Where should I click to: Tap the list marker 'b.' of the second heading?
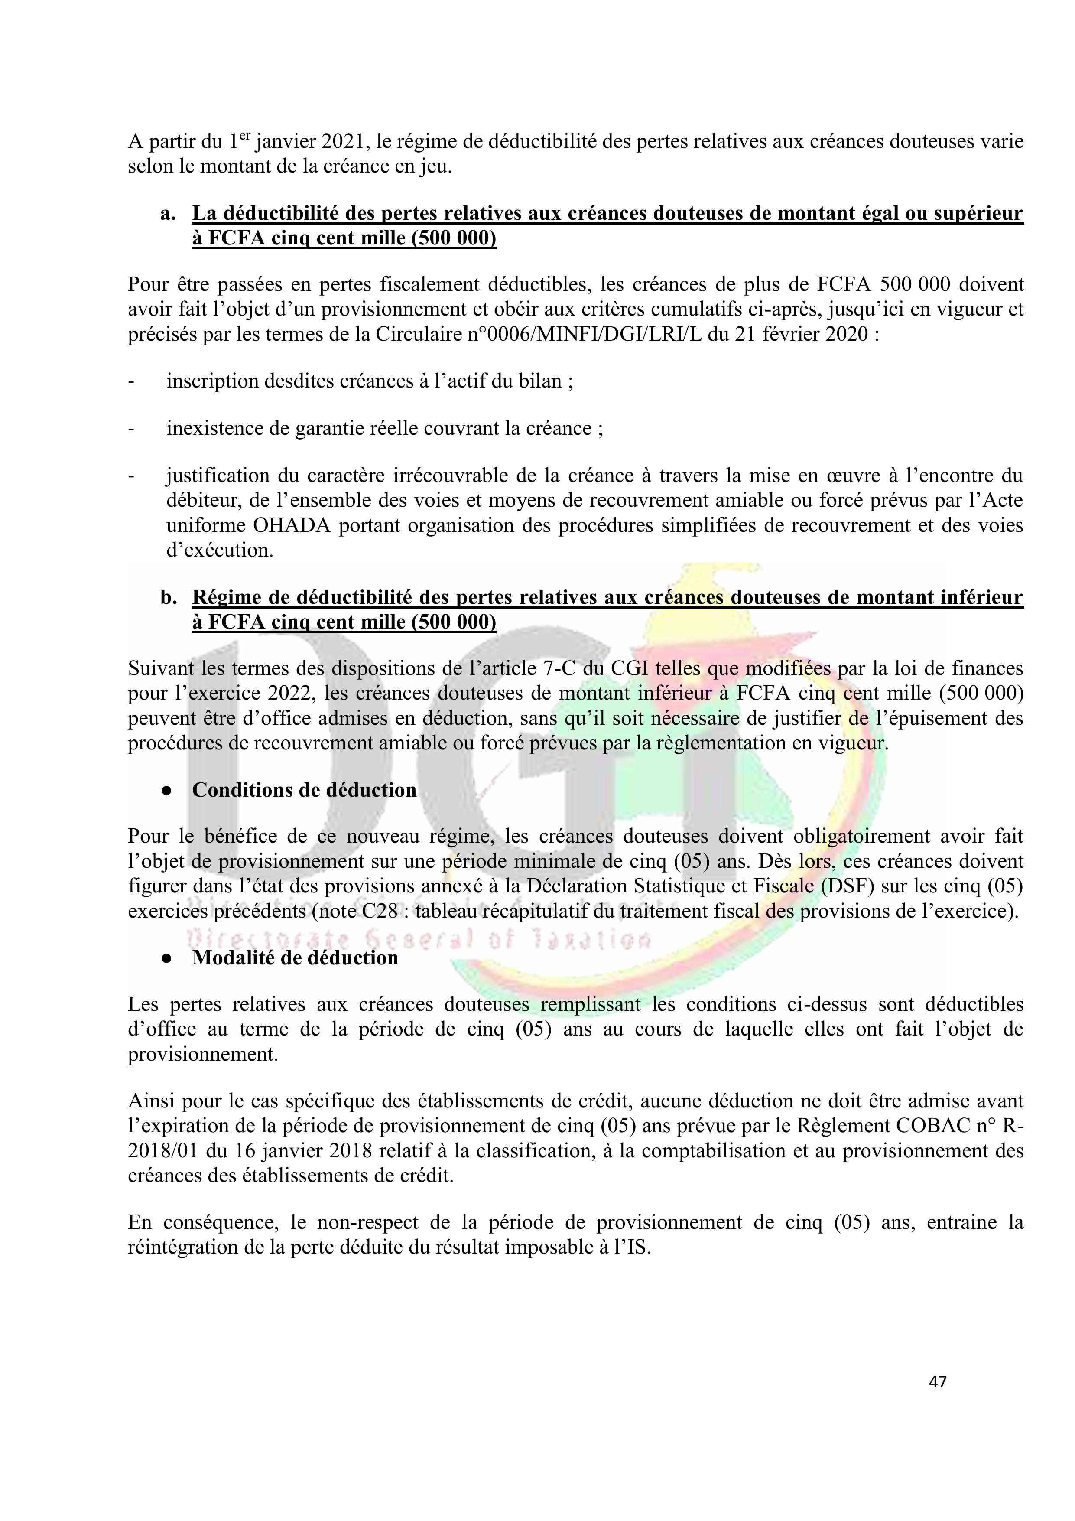pos(168,598)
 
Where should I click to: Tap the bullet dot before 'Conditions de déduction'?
pos(168,791)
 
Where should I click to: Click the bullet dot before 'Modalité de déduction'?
pos(168,958)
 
